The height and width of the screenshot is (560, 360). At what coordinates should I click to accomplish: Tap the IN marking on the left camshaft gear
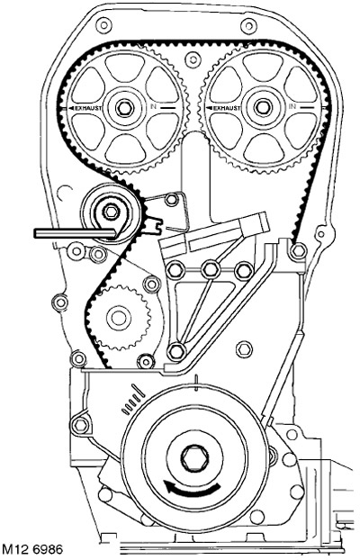tap(154, 106)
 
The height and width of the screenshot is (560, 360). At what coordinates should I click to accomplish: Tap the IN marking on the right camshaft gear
tap(292, 106)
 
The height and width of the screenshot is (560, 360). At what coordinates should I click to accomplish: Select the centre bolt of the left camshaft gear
tap(124, 107)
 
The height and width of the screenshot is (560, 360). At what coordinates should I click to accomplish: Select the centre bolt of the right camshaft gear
tap(263, 107)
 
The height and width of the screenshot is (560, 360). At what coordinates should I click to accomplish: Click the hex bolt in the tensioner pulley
tap(111, 212)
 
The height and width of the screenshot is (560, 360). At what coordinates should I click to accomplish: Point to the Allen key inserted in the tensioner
tap(75, 233)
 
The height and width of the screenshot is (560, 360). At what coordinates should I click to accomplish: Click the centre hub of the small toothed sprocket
tap(118, 318)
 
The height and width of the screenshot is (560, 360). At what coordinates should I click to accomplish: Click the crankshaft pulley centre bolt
tap(193, 458)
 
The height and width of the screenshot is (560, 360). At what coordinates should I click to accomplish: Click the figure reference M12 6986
tap(32, 550)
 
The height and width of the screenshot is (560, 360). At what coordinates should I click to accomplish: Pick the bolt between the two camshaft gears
tap(193, 59)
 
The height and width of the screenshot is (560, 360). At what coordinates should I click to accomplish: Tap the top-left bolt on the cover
tap(103, 25)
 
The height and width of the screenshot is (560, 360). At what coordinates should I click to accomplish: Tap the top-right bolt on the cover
tap(248, 26)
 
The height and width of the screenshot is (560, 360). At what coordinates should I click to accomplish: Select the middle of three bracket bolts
tap(210, 270)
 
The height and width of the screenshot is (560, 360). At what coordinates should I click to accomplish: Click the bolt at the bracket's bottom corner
tap(176, 352)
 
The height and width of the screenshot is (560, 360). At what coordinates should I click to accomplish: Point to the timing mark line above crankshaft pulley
tap(196, 384)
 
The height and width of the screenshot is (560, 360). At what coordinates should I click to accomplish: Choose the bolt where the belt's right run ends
tap(298, 251)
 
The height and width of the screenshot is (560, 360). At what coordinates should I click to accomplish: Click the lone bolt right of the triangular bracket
tap(244, 349)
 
